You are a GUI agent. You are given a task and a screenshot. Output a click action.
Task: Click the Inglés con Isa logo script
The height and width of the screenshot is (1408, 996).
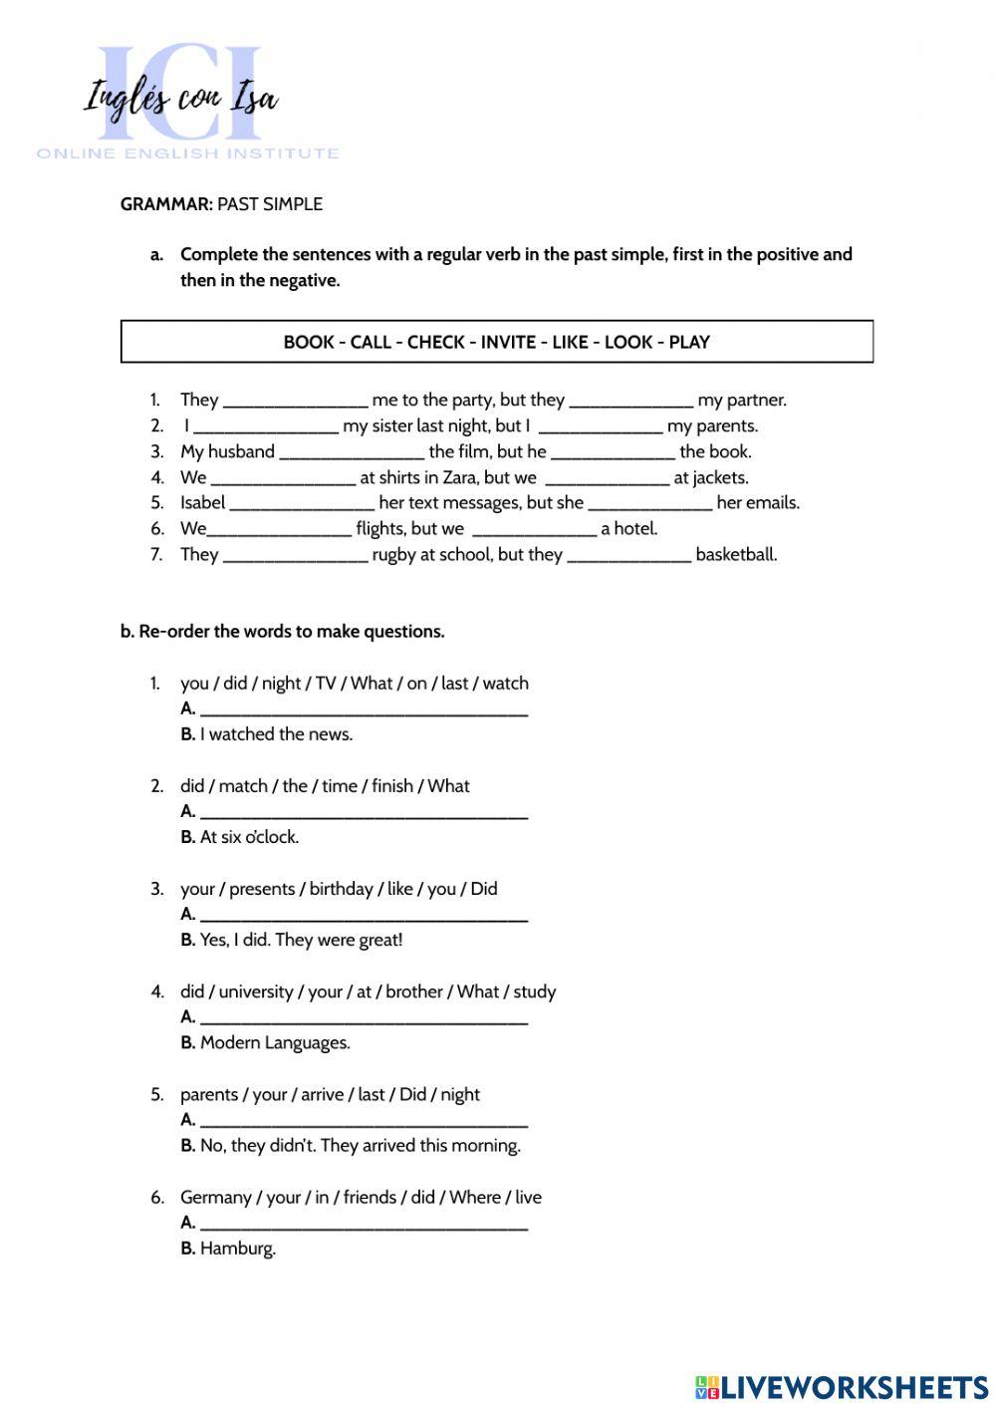click(x=180, y=100)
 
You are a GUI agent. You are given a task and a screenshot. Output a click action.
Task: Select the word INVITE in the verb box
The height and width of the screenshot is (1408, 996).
click(x=508, y=342)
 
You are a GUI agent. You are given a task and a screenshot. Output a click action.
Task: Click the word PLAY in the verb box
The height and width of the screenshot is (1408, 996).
click(x=689, y=342)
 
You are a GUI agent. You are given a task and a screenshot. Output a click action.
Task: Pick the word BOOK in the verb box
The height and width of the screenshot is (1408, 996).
click(x=308, y=342)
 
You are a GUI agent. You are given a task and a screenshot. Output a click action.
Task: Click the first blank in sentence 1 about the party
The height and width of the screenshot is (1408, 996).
click(x=295, y=402)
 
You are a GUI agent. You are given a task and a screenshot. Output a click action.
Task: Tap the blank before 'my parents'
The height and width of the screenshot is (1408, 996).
click(x=600, y=427)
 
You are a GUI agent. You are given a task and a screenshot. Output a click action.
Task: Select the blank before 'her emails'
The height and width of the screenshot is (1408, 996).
click(x=649, y=504)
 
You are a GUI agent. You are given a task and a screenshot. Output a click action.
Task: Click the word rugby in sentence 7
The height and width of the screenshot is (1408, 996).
click(x=393, y=554)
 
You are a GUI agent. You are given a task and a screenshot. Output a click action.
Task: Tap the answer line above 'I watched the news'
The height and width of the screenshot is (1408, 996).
click(x=364, y=709)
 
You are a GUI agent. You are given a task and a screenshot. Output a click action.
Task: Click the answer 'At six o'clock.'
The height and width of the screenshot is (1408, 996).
click(x=249, y=837)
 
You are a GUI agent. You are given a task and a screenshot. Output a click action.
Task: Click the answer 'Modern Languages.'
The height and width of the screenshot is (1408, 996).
click(x=275, y=1043)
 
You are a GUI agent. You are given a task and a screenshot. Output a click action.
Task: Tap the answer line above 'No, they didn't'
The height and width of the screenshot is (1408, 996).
click(x=364, y=1121)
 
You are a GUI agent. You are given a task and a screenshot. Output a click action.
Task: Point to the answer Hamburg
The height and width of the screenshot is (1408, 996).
click(x=237, y=1249)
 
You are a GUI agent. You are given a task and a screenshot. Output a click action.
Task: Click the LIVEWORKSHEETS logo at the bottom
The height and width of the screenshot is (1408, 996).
click(x=842, y=1386)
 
